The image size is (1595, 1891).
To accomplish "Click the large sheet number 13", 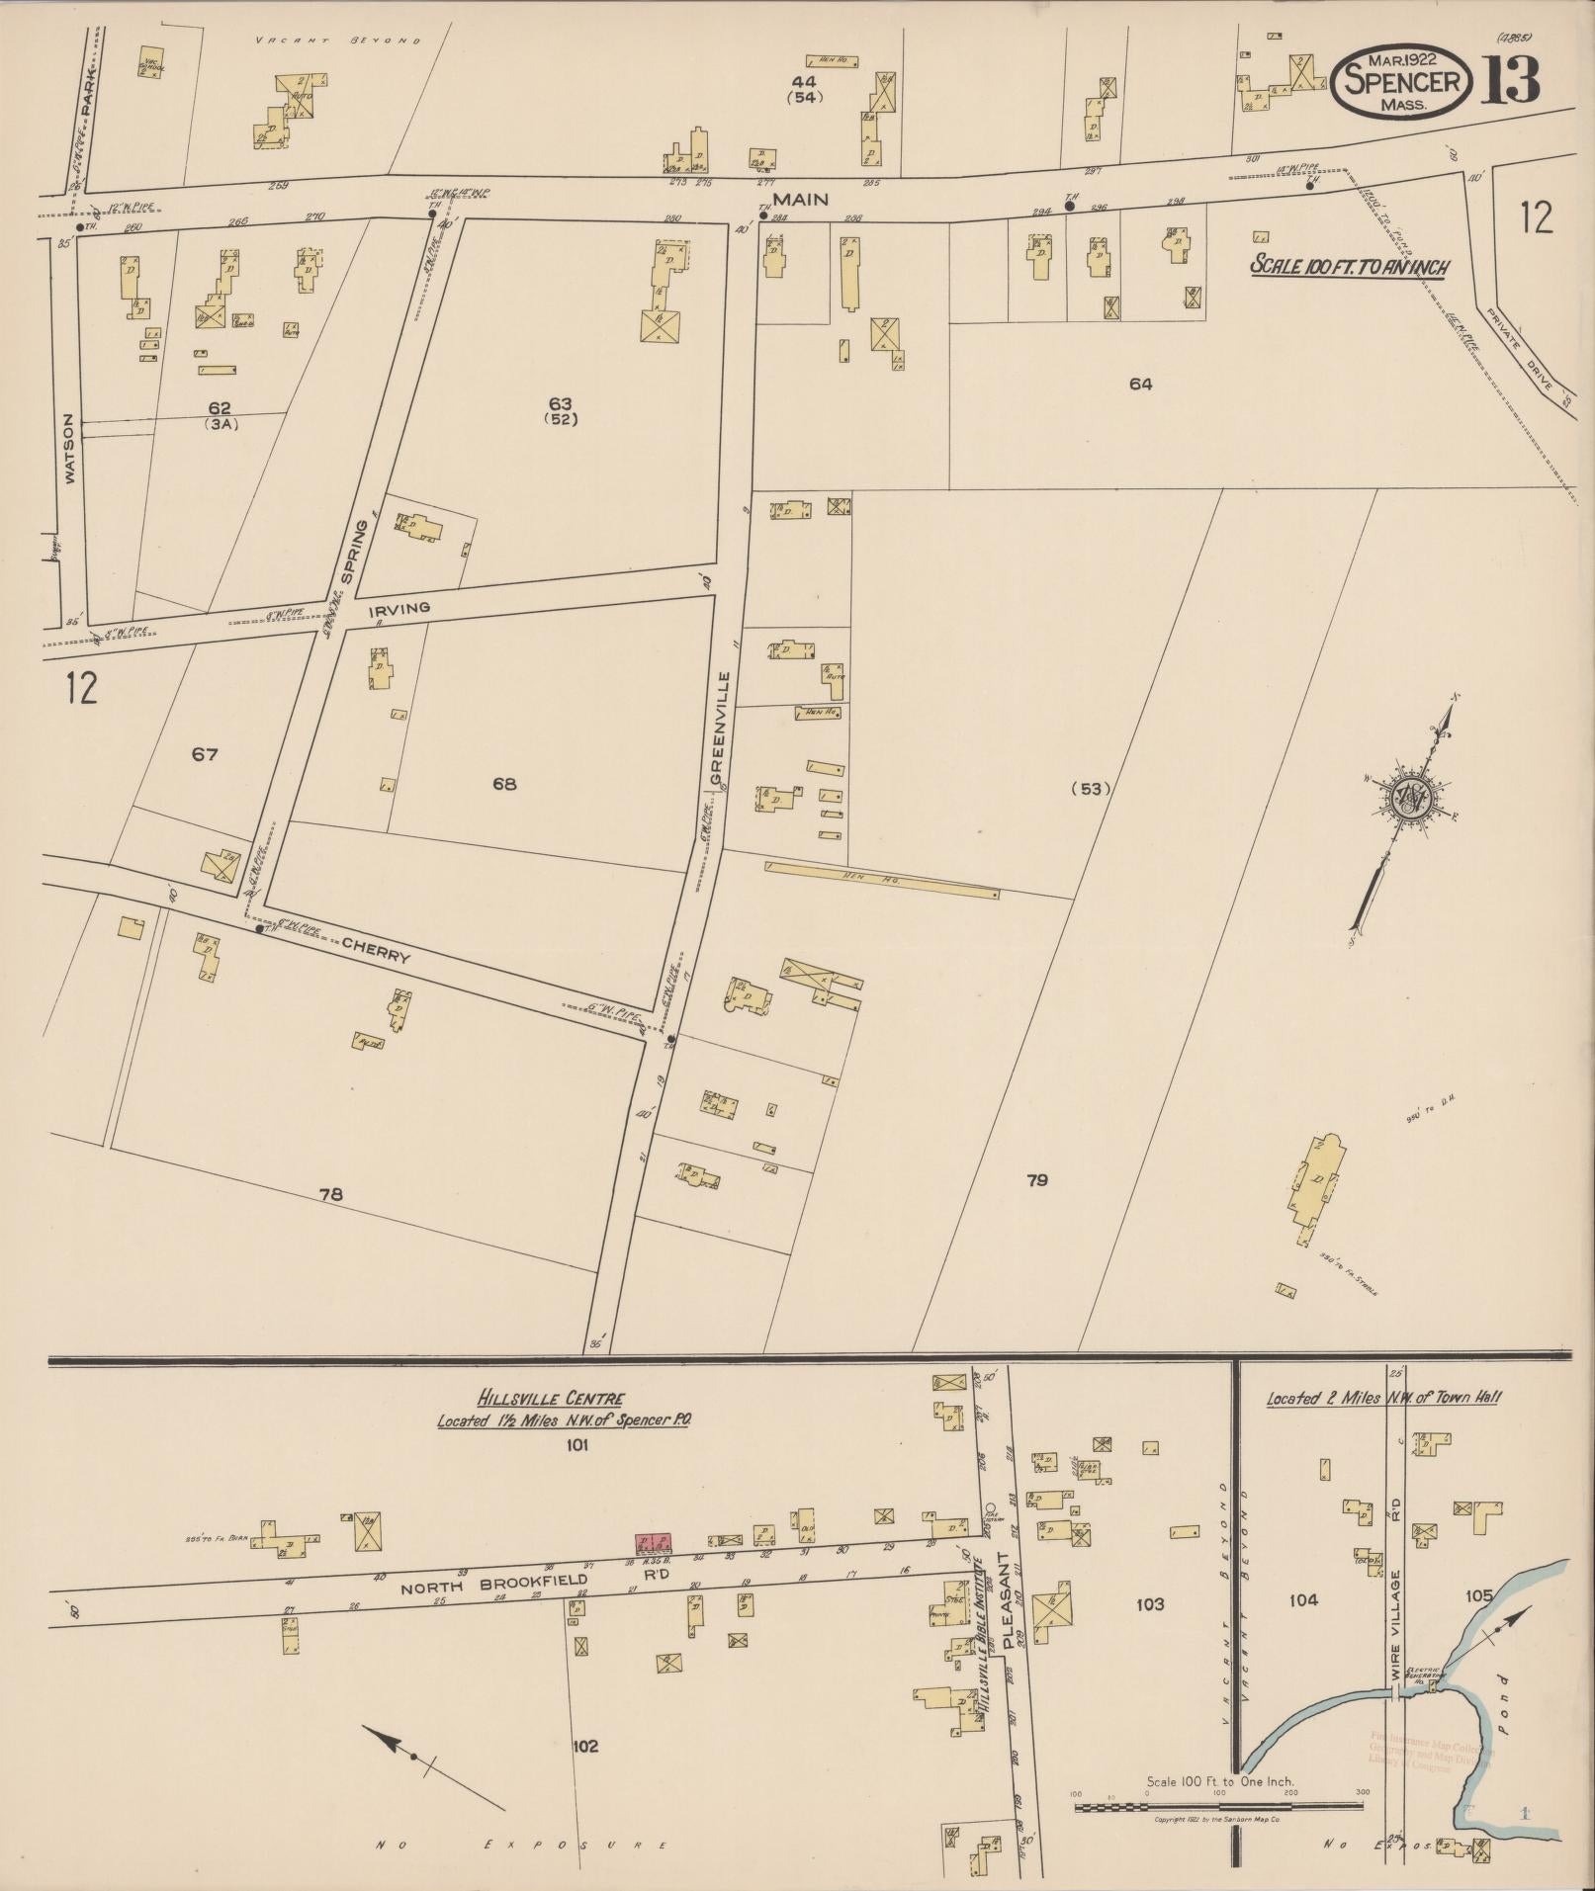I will (x=1510, y=81).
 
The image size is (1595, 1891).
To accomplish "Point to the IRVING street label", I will (x=399, y=609).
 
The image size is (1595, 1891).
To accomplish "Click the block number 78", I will (x=330, y=1195).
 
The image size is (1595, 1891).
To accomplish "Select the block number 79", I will (x=1036, y=1180).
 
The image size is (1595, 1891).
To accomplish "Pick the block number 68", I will (x=504, y=785).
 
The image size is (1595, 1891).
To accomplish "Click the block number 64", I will (x=1140, y=385).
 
